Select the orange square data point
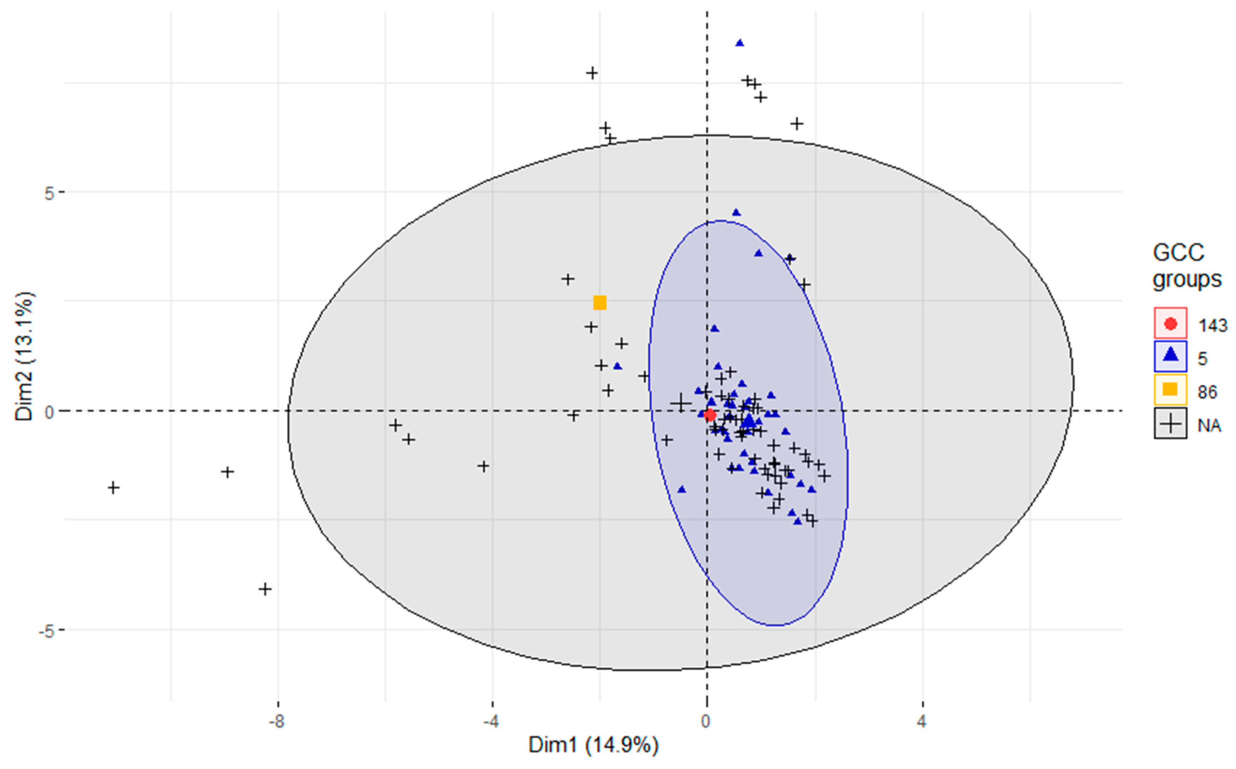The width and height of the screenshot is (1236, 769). pos(600,303)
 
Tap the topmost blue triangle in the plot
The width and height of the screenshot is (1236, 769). pos(740,43)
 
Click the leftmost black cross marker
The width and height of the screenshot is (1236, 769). pos(113,488)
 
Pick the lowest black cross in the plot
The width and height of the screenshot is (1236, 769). pos(265,589)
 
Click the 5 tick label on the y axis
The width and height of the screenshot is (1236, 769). pos(49,193)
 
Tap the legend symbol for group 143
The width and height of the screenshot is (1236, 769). pos(1170,323)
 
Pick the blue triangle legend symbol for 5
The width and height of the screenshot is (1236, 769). pos(1170,357)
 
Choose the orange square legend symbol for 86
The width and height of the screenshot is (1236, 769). pos(1170,390)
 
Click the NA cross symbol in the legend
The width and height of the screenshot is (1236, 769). pos(1170,423)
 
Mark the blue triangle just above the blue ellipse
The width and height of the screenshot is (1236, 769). pos(736,212)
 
